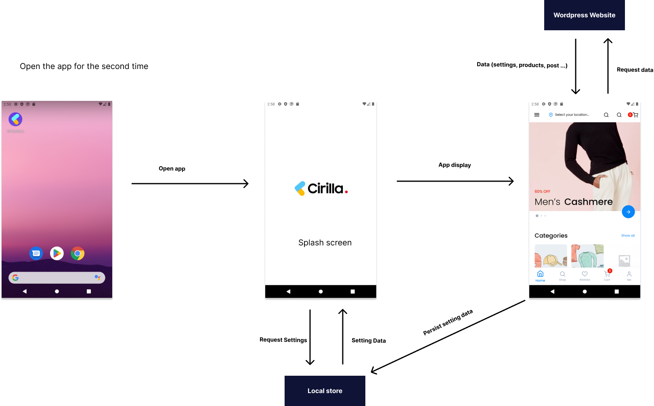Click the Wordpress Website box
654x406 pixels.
click(584, 15)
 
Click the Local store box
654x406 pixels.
click(325, 391)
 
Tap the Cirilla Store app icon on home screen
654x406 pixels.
click(15, 119)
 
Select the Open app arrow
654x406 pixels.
click(190, 184)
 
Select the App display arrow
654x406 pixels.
click(455, 181)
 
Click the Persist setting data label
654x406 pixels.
click(448, 322)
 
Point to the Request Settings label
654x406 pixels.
click(283, 340)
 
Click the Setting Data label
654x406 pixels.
click(369, 341)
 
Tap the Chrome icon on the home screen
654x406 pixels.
click(78, 253)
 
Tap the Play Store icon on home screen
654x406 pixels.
click(57, 253)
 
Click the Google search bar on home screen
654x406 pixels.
click(57, 278)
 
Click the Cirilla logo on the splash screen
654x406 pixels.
click(321, 188)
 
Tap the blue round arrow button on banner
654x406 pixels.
click(628, 211)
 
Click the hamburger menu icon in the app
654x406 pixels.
click(537, 115)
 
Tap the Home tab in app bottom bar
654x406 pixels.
click(540, 276)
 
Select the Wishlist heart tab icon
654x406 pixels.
click(585, 274)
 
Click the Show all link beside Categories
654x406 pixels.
click(628, 236)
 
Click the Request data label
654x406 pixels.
click(635, 70)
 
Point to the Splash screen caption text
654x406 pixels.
click(325, 243)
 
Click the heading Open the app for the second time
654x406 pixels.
click(84, 66)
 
